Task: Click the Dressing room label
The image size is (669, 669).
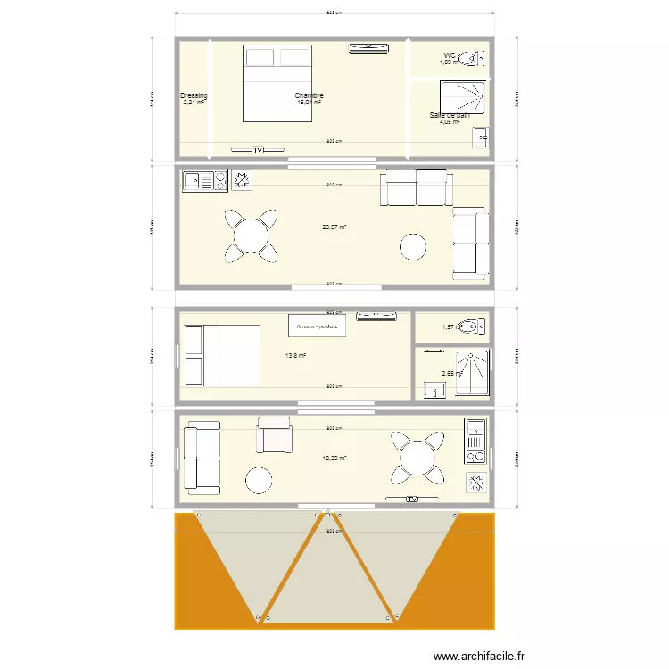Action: tap(194, 95)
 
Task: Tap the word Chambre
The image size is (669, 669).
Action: tap(309, 95)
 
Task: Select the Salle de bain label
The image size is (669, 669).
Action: tap(449, 115)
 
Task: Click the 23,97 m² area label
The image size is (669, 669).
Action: tap(334, 227)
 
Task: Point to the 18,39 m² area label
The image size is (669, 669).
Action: tap(334, 458)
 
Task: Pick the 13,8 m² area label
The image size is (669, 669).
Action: tap(295, 355)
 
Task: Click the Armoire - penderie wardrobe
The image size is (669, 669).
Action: tap(317, 326)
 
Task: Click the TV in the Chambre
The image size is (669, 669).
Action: tap(256, 150)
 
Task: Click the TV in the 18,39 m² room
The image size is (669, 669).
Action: tap(411, 498)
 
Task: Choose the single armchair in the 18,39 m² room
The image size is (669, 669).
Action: tap(275, 436)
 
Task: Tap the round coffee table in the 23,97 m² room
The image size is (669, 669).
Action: tap(413, 245)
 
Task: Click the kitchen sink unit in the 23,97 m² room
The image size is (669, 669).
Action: tap(204, 181)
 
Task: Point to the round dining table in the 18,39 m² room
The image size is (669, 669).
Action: tap(416, 458)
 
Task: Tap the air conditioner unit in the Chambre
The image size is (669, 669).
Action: tap(370, 47)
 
